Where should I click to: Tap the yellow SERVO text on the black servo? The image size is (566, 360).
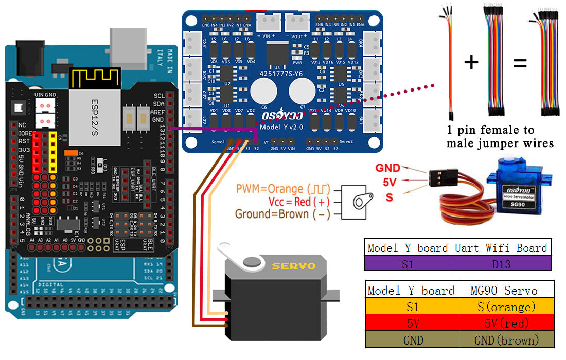293,266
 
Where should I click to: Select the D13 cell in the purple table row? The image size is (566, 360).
501,263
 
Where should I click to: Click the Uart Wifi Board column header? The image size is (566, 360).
501,248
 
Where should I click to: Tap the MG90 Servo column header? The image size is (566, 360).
504,290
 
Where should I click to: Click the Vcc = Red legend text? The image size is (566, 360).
290,202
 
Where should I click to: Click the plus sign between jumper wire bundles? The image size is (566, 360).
471,62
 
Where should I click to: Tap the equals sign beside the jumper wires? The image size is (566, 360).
520,63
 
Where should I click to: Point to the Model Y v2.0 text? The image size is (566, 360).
282,127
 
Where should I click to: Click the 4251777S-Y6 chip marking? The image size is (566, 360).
282,73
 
